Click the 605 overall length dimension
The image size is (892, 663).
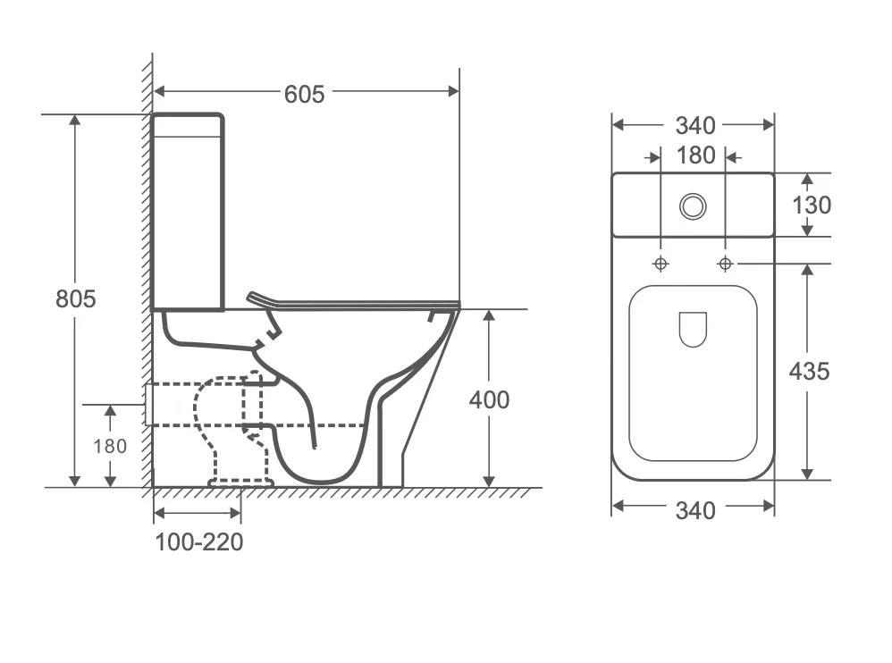(305, 95)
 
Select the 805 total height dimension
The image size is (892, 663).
(76, 299)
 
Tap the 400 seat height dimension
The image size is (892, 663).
(489, 400)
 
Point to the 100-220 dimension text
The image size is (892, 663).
(199, 541)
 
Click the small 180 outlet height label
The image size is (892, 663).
(110, 447)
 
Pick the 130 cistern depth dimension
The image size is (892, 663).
(812, 206)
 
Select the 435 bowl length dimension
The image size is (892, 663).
(809, 372)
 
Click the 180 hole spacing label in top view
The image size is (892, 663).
(695, 155)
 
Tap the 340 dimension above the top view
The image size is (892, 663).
(695, 126)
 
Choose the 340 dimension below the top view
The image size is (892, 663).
(695, 510)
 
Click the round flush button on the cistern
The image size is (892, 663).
(693, 206)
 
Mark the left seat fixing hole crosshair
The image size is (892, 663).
(661, 264)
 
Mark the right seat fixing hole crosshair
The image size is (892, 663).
(726, 264)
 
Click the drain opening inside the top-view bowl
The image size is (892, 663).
(693, 329)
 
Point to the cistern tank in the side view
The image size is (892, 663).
(188, 212)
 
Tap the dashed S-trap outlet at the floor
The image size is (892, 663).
(240, 483)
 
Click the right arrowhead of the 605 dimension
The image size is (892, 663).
(453, 91)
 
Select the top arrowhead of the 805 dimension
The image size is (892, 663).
(74, 120)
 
